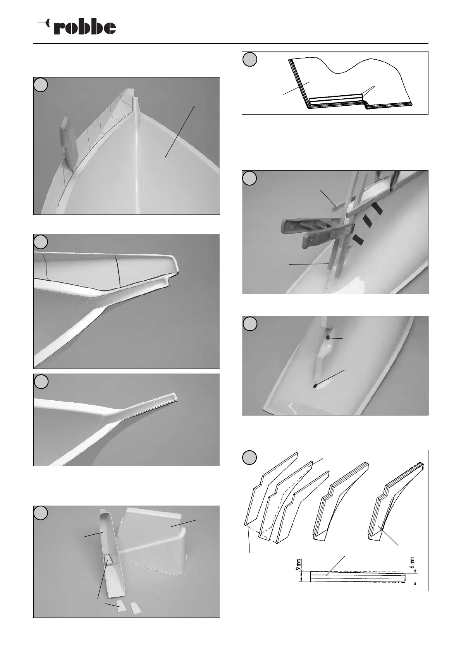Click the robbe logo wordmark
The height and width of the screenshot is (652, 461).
coord(85,27)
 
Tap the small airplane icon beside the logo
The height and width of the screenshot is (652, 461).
coord(44,24)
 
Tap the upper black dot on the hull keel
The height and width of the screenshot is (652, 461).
coord(328,337)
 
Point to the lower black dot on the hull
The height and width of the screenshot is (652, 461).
coord(315,386)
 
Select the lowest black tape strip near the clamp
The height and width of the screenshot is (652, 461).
coord(357,240)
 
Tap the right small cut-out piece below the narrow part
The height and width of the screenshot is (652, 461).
coord(134,608)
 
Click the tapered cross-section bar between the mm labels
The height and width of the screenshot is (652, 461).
coord(356,576)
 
